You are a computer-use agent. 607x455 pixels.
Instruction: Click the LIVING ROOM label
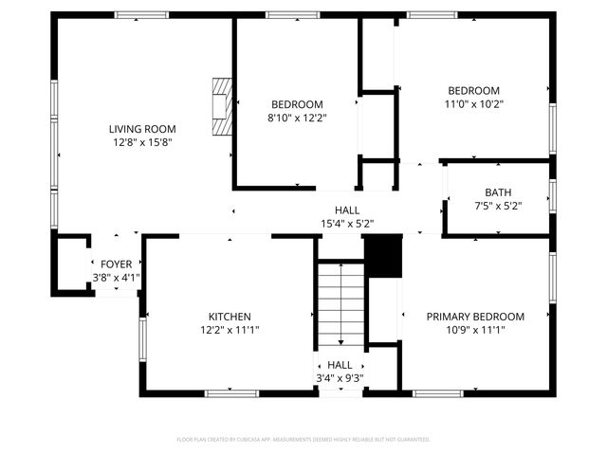141,129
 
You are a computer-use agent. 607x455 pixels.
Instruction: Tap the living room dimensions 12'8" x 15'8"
141,142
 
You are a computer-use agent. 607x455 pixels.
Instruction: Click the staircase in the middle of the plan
340,303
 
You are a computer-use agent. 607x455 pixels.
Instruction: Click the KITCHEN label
230,317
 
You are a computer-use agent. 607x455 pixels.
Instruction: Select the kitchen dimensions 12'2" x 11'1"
230,330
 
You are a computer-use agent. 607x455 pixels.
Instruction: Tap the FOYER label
116,264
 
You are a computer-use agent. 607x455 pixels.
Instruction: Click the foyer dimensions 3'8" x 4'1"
116,278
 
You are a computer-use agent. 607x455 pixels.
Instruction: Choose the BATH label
498,191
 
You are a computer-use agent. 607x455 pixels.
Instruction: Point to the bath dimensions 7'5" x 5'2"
498,205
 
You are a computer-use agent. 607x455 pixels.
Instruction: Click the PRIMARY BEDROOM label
474,317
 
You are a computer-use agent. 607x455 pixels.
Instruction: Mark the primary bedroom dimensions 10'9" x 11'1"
474,330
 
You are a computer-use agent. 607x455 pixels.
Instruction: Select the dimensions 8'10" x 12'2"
297,118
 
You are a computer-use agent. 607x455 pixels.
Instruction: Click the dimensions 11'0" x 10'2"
473,104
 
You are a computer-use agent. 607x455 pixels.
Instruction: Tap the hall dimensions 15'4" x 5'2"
346,224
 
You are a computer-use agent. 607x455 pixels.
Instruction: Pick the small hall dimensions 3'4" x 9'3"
340,378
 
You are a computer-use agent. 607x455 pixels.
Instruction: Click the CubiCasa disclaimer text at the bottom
303,439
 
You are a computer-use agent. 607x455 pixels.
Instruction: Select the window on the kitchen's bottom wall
231,392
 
